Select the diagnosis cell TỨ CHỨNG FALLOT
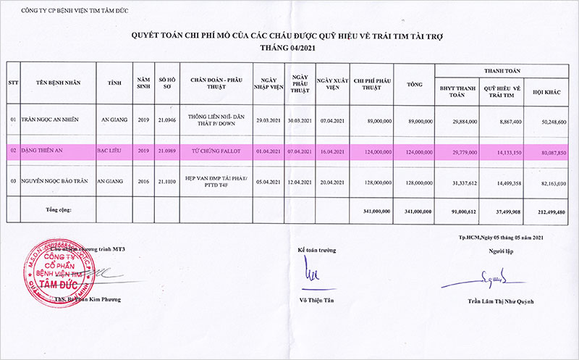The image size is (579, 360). pos(212,151)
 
